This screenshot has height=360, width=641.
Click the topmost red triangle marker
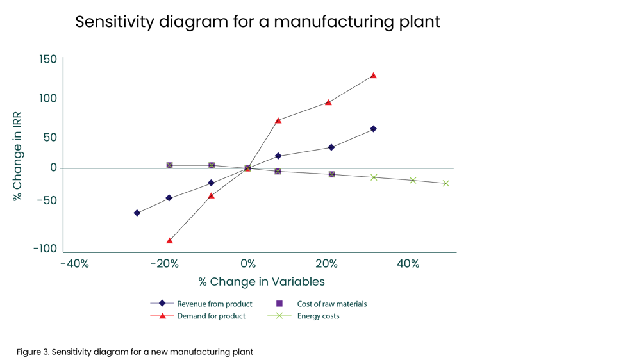[x=374, y=76]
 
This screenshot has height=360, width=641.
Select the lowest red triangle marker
[x=169, y=241]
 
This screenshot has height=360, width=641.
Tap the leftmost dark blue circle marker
[x=137, y=213]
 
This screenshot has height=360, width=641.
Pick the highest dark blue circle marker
[x=373, y=129]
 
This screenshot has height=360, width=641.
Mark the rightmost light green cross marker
[x=446, y=183]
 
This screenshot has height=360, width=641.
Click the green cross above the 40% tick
[x=413, y=181]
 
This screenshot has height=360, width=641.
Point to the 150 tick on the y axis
[x=48, y=60]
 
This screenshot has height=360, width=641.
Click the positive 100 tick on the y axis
[x=48, y=99]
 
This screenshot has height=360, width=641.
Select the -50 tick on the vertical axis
[x=47, y=200]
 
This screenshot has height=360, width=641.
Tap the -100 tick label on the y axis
[x=46, y=249]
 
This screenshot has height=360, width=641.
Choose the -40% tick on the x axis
[x=74, y=264]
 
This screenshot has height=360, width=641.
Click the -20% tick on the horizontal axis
[x=165, y=264]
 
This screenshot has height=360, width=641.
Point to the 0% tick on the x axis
[x=248, y=264]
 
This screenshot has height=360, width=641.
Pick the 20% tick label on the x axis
[x=326, y=264]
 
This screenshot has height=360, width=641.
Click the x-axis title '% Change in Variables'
[x=262, y=282]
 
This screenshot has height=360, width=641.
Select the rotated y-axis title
[x=18, y=156]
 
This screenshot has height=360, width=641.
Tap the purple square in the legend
[x=279, y=304]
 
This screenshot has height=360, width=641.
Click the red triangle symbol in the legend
[x=163, y=316]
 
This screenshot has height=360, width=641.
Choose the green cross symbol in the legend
[x=279, y=316]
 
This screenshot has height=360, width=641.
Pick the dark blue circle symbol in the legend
[x=163, y=304]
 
